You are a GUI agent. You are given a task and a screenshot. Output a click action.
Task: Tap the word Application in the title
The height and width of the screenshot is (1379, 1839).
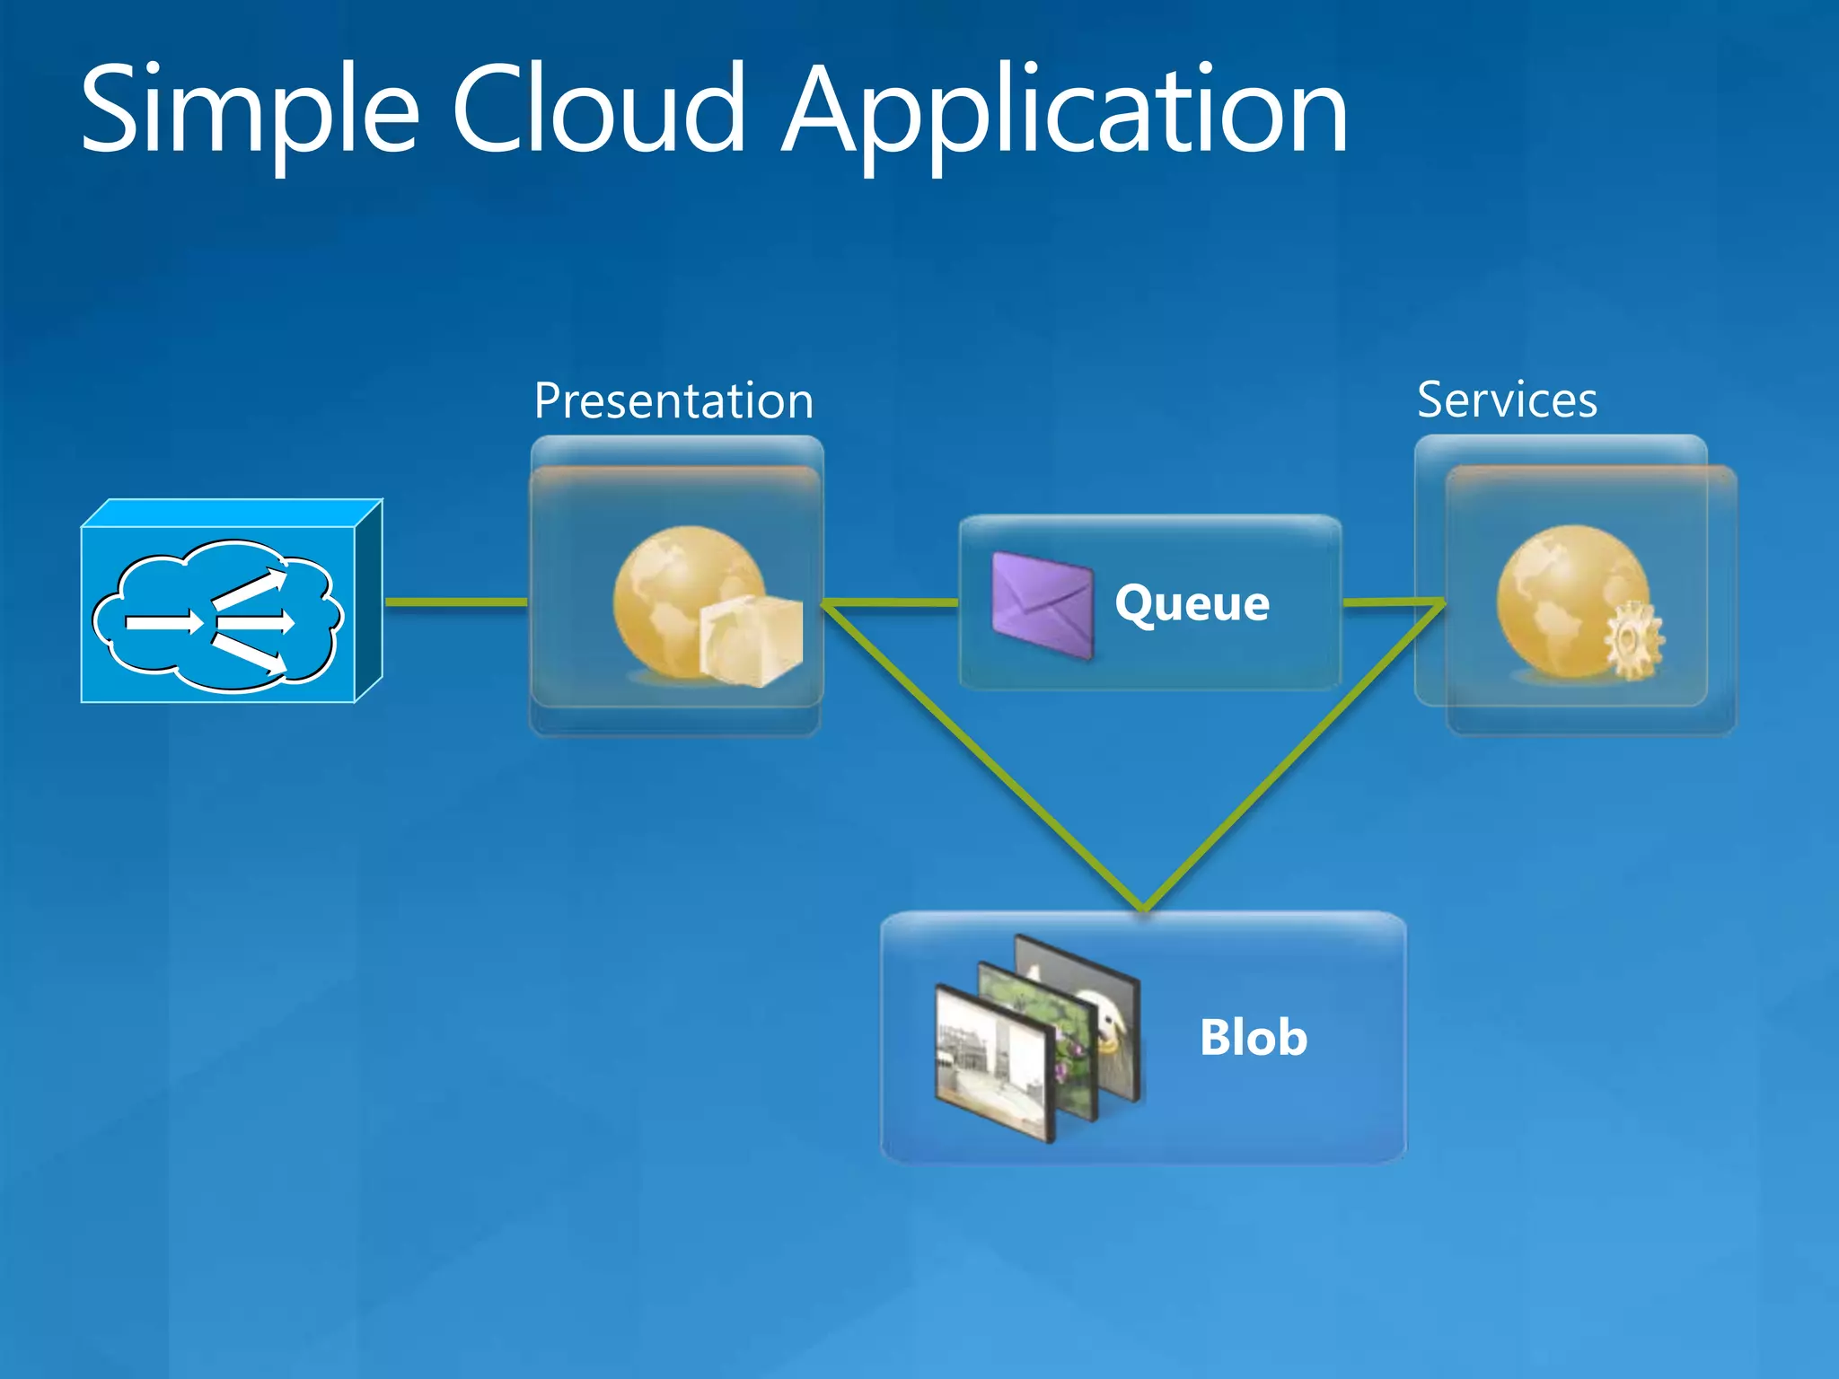point(1065,112)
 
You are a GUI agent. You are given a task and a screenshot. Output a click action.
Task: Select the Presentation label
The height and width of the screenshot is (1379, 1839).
point(673,400)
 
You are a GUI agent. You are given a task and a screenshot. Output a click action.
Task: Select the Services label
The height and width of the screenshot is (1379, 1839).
point(1507,400)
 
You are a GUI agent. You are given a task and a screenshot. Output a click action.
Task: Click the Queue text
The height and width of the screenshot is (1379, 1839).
point(1192,603)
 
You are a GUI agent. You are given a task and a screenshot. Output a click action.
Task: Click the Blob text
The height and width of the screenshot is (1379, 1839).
point(1253,1038)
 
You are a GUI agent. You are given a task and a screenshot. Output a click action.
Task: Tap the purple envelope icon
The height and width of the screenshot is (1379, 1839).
point(1042,605)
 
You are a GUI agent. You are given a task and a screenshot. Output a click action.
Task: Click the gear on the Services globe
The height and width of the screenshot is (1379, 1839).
point(1632,641)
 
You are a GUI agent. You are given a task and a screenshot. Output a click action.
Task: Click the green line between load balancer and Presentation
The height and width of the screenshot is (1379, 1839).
point(456,602)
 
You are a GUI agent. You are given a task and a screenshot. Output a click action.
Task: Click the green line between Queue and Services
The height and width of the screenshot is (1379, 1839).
point(1392,602)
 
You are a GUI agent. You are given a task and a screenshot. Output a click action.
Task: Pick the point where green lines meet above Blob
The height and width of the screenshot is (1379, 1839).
point(1144,907)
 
